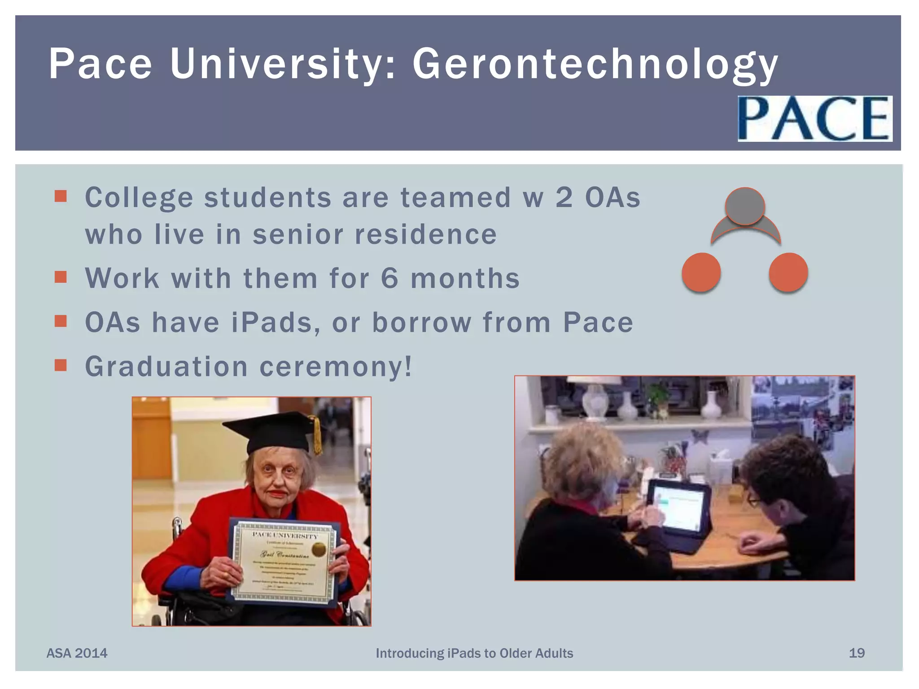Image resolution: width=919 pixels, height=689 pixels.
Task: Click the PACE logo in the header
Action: [x=814, y=118]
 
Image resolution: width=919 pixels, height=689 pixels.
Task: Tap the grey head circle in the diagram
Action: [x=745, y=206]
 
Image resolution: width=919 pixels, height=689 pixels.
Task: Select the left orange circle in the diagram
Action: [x=701, y=272]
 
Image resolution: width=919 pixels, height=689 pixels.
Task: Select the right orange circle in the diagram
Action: [x=788, y=272]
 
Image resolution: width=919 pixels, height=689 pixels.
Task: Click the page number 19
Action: [x=857, y=653]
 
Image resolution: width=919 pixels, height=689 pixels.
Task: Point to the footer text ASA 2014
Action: [x=77, y=653]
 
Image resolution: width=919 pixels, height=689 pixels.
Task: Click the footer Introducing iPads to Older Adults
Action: [x=474, y=653]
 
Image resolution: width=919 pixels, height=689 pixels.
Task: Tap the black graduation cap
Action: [x=269, y=431]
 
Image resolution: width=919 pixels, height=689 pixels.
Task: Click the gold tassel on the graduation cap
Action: [x=317, y=435]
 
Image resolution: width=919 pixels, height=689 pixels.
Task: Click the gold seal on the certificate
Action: [x=319, y=549]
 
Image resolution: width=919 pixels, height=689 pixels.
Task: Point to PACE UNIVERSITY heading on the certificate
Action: [x=284, y=535]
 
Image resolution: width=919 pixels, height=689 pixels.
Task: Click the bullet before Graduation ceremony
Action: [x=61, y=365]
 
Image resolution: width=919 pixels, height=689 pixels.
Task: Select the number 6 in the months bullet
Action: [x=389, y=278]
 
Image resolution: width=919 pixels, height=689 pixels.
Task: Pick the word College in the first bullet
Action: [x=139, y=198]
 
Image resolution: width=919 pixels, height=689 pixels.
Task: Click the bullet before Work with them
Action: [x=61, y=277]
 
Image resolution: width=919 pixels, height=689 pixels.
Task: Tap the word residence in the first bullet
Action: [x=425, y=234]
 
